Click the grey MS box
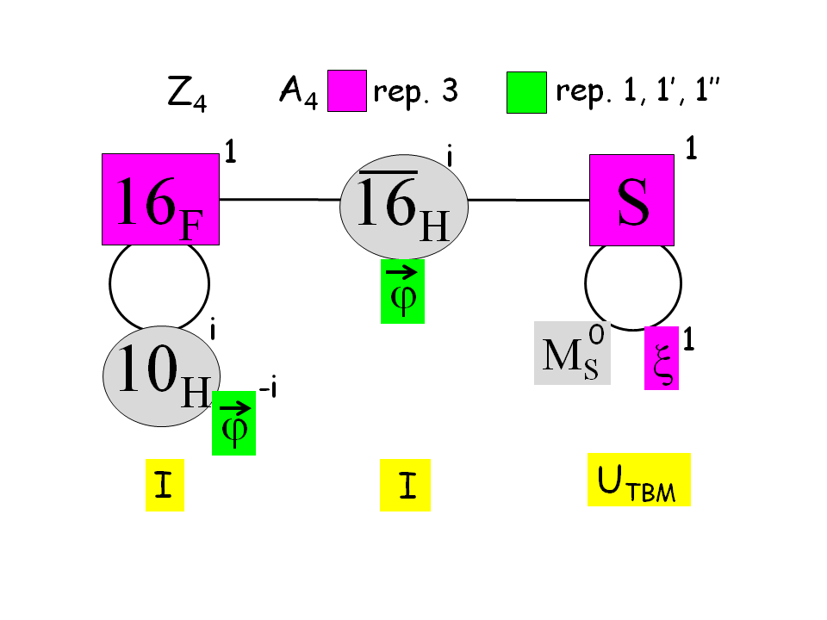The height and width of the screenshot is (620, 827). [572, 353]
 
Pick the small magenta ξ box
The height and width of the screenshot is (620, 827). [662, 359]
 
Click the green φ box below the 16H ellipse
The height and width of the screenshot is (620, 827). [402, 291]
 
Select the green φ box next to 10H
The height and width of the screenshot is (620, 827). [233, 423]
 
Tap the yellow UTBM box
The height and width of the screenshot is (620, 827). [639, 480]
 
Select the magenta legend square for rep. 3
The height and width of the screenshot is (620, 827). [347, 91]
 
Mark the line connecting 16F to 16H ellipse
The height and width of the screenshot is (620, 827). [280, 200]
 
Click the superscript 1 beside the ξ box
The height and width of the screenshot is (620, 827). [689, 342]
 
